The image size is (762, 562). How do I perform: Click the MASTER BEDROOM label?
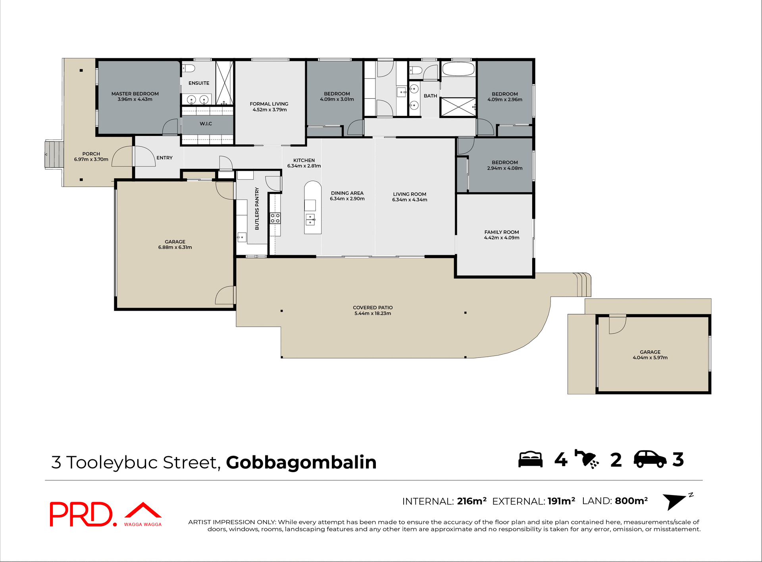click(135, 94)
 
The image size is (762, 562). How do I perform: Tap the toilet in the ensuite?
click(189, 69)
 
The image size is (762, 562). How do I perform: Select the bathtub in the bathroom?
click(458, 69)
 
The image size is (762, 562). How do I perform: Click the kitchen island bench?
click(313, 208)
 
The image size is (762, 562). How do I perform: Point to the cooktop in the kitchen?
click(275, 218)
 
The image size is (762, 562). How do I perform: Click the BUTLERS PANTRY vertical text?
click(257, 208)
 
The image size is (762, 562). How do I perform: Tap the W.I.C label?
click(206, 124)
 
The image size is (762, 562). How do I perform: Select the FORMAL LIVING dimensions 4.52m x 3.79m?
click(269, 110)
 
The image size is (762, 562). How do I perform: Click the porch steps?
click(54, 154)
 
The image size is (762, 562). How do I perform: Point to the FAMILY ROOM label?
click(501, 232)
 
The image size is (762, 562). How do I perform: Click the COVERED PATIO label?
click(373, 308)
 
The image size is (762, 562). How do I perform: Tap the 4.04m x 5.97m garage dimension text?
click(650, 357)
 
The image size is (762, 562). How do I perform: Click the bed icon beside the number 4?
click(530, 460)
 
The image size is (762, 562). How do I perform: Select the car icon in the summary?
click(650, 459)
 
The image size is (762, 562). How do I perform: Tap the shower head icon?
click(587, 459)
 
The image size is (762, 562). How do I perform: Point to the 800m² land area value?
click(631, 501)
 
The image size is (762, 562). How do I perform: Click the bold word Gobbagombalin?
click(301, 463)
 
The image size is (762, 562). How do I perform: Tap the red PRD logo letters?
click(81, 514)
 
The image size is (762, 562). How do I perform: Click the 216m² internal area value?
click(471, 501)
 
